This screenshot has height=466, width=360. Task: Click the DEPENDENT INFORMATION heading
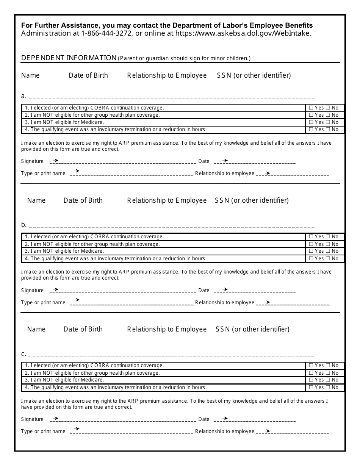(x=69, y=58)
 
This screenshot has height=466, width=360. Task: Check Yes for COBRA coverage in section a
(x=311, y=108)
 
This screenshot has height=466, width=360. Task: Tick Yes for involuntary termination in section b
(x=311, y=258)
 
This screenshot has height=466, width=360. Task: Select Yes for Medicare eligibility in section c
(x=311, y=380)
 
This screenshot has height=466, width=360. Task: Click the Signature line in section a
(x=125, y=163)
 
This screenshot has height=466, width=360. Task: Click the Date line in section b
(x=258, y=292)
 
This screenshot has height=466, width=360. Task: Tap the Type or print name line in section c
(x=133, y=433)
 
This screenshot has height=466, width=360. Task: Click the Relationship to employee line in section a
(x=296, y=175)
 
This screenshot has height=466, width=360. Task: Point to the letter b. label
(x=24, y=225)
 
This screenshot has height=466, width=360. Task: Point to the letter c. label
(x=23, y=354)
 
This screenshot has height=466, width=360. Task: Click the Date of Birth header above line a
(x=88, y=75)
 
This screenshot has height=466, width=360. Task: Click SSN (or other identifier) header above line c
(x=252, y=329)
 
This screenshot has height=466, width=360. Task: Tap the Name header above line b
(x=36, y=200)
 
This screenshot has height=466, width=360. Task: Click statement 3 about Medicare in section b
(x=64, y=251)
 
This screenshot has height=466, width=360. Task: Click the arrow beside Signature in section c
(x=56, y=419)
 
